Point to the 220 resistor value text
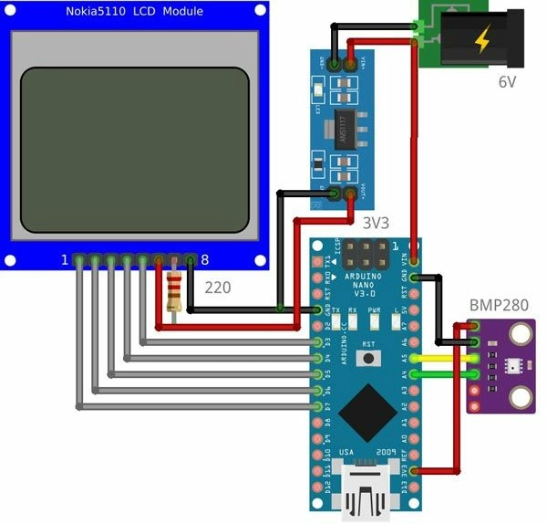pos(217,287)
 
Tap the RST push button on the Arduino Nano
pos(367,358)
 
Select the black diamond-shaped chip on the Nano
pos(366,412)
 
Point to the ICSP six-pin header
pos(366,254)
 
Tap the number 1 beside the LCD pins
pos(65,260)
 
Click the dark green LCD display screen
pos(135,148)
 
